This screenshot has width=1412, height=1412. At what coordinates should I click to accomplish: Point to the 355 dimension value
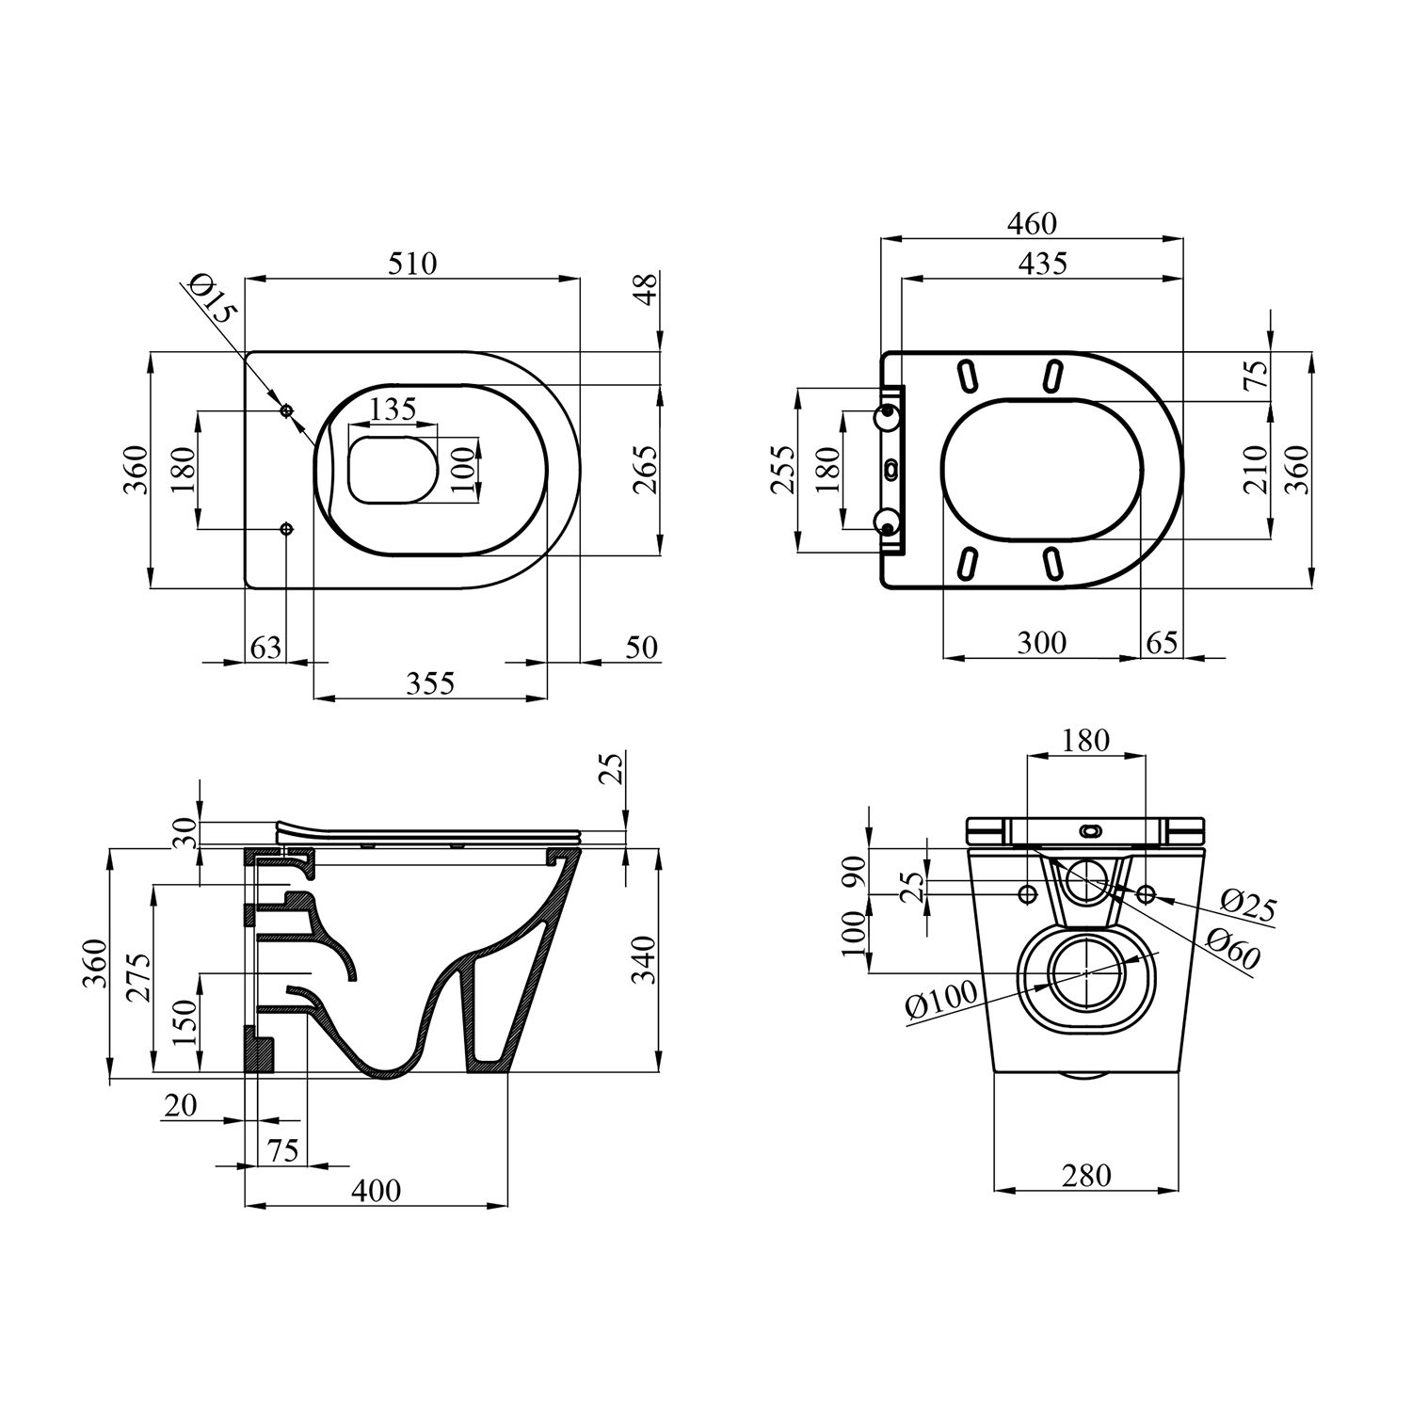(x=430, y=682)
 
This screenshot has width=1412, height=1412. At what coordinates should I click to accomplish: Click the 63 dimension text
(x=265, y=648)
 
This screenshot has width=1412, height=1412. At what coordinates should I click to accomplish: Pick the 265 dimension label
(x=645, y=468)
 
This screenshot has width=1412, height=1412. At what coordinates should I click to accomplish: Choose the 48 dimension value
(x=645, y=289)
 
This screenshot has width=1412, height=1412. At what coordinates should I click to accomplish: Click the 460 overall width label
(x=1032, y=224)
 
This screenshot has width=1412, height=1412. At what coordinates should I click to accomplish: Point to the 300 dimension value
(x=1042, y=643)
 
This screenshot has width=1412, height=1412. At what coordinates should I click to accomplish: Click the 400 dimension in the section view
(x=376, y=1190)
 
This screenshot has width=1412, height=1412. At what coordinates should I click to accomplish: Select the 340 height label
(x=644, y=960)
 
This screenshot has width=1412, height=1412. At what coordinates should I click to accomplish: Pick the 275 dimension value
(x=137, y=979)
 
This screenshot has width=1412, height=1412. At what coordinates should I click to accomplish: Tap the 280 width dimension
(x=1086, y=1176)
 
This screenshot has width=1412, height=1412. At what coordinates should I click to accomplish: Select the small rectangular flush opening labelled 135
(x=393, y=468)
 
